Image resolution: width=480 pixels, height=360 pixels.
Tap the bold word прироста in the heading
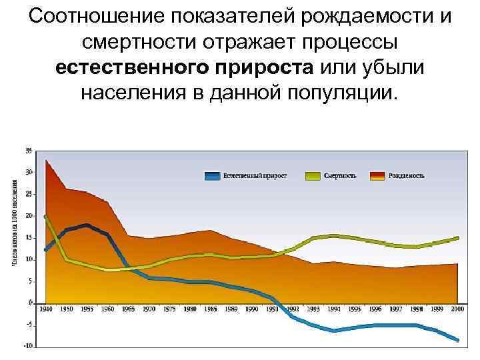269,67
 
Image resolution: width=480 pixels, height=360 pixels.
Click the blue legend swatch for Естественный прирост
211,176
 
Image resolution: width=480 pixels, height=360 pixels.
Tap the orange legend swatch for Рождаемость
378,176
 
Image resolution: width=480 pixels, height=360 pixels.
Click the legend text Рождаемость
408,176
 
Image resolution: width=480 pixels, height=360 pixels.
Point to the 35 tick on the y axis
29,151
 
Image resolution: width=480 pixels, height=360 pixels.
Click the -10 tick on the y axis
27,345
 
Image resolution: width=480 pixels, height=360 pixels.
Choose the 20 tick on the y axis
29,215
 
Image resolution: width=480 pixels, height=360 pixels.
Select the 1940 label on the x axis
46,309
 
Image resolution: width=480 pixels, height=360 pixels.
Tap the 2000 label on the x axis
457,309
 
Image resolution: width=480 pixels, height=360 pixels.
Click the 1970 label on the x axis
150,309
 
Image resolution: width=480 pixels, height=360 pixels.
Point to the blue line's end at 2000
457,340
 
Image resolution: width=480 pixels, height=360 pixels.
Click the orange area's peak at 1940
46,160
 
